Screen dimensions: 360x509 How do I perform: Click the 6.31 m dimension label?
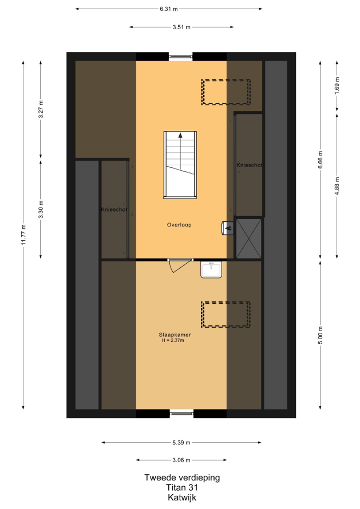(169, 9)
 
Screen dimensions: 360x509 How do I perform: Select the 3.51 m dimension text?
(181, 27)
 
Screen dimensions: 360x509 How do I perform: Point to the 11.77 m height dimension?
(23, 235)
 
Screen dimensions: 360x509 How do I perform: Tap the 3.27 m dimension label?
(41, 109)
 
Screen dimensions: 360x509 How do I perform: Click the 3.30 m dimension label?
(41, 210)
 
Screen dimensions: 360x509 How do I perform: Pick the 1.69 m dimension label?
(337, 86)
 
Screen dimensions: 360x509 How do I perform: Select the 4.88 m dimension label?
(337, 186)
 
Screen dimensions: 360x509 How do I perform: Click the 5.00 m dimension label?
(321, 335)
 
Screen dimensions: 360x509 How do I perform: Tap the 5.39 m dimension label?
(181, 443)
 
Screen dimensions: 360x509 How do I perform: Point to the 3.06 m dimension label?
(181, 460)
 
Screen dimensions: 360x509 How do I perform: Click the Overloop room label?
(179, 225)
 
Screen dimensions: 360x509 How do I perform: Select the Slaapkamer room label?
(175, 335)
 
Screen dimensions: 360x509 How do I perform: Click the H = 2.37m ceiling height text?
(173, 340)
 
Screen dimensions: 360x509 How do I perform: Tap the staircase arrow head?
(180, 136)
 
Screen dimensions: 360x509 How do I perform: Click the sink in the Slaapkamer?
(211, 270)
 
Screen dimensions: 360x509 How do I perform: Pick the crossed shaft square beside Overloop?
(249, 238)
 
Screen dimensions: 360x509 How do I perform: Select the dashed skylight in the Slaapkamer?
(226, 315)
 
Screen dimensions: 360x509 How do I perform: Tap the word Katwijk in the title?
(182, 498)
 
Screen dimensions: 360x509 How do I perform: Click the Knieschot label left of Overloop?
(114, 210)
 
